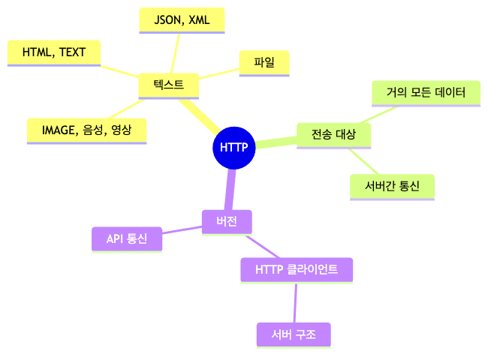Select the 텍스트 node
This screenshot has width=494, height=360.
tap(168, 85)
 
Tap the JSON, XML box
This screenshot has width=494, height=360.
tap(182, 20)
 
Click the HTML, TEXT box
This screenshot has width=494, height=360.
tap(54, 52)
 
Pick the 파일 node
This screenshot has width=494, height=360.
tap(264, 62)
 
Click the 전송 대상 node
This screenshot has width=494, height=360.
tap(333, 134)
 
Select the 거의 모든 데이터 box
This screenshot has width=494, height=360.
tap(426, 93)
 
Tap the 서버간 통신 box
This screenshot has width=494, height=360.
tap(392, 186)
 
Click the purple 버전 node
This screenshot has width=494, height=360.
tap(226, 221)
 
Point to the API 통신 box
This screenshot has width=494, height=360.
tap(127, 238)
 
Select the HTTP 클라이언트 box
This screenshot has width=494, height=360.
tap(296, 269)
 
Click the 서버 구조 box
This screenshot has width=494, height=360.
tap(293, 334)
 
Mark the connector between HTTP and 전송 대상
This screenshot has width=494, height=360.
tap(276, 142)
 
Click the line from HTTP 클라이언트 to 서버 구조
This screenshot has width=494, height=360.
tap(295, 303)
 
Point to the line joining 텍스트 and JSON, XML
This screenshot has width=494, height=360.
tap(175, 53)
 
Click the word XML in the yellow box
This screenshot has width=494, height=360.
tap(199, 20)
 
